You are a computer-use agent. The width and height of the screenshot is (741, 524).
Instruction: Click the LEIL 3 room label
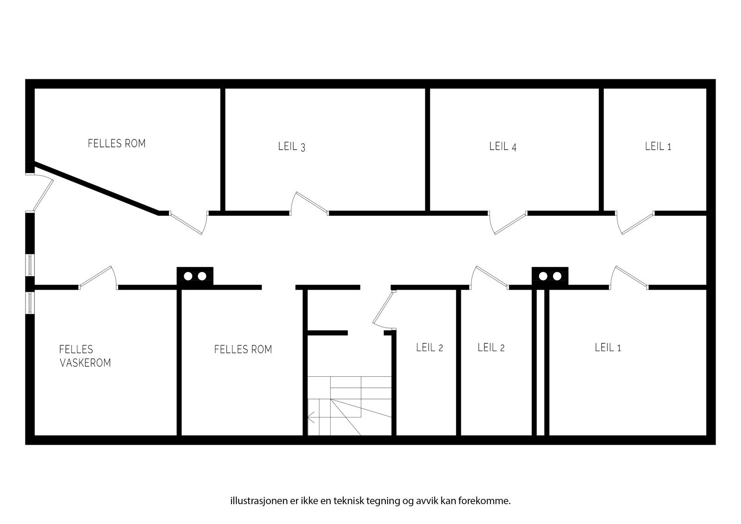click(292, 147)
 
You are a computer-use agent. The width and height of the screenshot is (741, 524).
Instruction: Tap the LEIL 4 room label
click(503, 146)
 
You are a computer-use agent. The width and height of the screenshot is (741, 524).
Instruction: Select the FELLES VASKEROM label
click(85, 356)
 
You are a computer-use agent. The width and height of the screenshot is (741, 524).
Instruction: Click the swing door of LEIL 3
click(310, 203)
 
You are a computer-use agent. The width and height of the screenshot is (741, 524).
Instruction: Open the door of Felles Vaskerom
click(97, 278)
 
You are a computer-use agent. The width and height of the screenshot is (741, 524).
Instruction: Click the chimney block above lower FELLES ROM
click(195, 276)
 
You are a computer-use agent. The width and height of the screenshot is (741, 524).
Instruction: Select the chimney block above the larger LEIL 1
click(550, 276)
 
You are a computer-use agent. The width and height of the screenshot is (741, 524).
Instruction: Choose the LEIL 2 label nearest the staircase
click(429, 347)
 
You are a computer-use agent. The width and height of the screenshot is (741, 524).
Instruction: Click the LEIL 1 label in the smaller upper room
click(658, 146)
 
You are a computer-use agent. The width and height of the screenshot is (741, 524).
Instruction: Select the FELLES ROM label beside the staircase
click(243, 349)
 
